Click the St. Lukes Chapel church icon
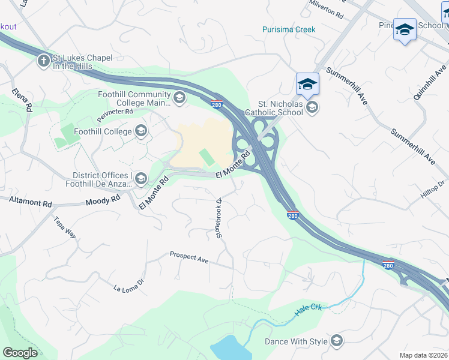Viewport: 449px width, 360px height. point(43,61)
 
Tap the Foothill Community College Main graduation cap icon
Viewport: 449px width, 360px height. point(179,98)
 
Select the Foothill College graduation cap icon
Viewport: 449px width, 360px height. point(141,131)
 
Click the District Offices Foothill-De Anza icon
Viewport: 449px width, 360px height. point(141,178)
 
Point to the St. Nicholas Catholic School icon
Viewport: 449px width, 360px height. point(312,107)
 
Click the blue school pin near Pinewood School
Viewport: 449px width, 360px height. point(405,30)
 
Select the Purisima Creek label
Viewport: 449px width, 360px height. point(289,29)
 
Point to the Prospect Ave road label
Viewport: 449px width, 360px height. point(188,257)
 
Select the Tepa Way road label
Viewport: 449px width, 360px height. point(65,227)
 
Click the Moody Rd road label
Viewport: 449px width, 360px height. point(103,202)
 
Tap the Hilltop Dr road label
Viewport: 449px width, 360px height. point(432,191)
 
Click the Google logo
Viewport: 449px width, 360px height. point(20,352)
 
